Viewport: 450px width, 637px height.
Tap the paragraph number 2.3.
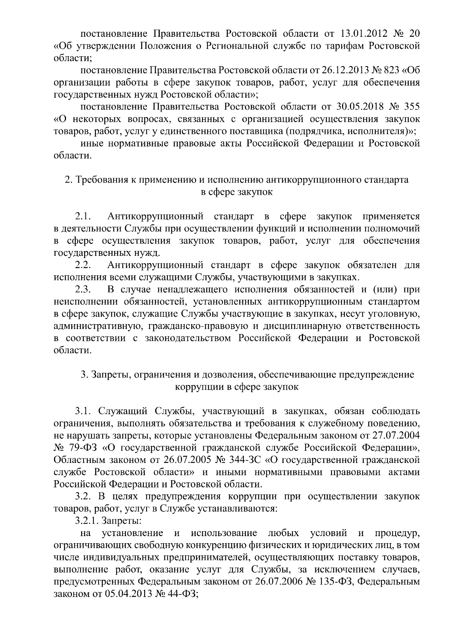83,290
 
